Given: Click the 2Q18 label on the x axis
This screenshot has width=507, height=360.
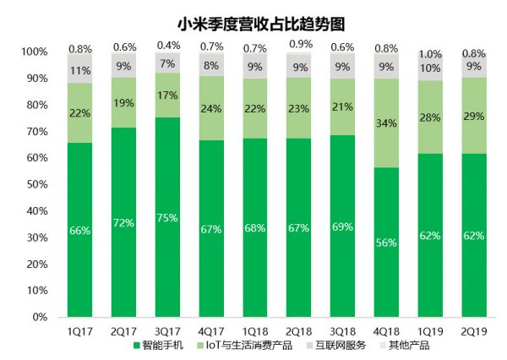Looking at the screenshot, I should pos(298,330).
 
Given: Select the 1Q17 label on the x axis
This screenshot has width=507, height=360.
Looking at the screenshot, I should pos(80,330).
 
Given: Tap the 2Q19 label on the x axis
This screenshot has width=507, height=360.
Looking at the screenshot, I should pos(472,330).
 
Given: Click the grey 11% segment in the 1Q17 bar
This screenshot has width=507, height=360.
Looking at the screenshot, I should pos(80,69).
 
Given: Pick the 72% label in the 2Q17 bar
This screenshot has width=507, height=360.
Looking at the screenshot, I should pos(124,224).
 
